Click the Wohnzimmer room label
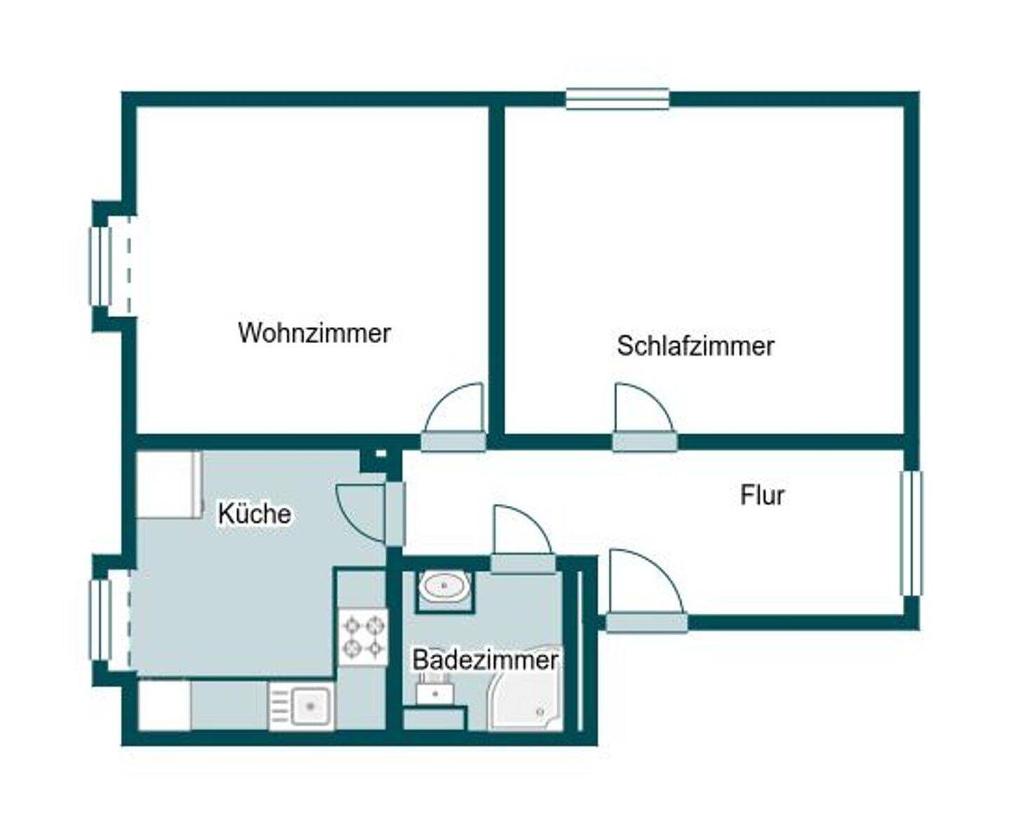(x=314, y=333)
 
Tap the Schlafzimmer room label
(x=695, y=346)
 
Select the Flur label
(x=762, y=495)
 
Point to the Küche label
(x=254, y=514)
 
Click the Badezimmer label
(x=484, y=660)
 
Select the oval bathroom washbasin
(x=444, y=586)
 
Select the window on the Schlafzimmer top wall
(x=617, y=99)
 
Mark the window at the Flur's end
(x=911, y=533)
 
